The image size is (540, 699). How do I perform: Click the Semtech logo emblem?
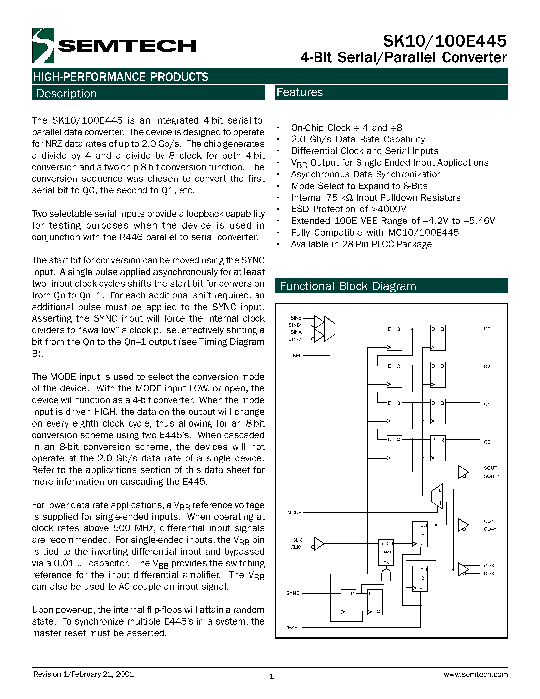tap(43, 46)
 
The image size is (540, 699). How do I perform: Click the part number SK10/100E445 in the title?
tap(445, 41)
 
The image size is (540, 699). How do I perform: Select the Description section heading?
tap(67, 94)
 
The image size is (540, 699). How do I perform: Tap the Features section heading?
tap(300, 92)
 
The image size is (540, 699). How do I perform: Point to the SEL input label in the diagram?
tap(297, 356)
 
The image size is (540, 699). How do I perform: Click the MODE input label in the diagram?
tap(294, 512)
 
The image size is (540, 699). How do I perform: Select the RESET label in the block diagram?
tap(292, 628)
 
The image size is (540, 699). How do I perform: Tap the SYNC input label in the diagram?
tap(293, 593)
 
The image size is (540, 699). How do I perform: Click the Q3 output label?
tap(487, 329)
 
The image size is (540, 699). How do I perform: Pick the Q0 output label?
tap(487, 442)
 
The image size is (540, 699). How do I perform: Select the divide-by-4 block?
tap(420, 534)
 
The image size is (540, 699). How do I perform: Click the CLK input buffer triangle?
tap(319, 543)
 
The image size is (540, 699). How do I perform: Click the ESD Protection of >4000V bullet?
tap(348, 209)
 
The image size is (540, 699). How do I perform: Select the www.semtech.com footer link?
tap(475, 674)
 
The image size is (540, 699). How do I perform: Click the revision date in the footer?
tap(84, 674)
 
